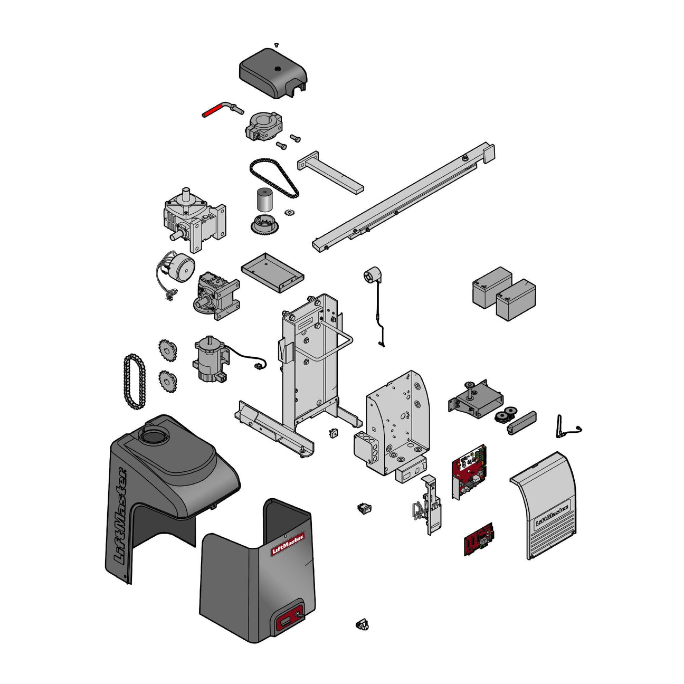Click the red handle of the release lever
pos(213,111)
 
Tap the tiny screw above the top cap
pos(276,45)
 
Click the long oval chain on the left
pos(134,382)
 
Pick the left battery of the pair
pos(491,288)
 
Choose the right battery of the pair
pos(516,300)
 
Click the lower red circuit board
pos(478,539)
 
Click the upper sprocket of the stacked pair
pos(168,350)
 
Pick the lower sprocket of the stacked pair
pos(168,381)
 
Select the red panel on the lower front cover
pos(289,617)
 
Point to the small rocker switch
pos(364,508)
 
